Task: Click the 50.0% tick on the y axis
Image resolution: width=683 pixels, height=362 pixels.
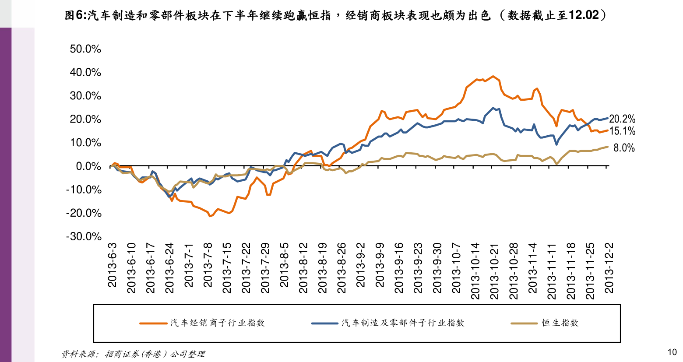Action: [x=85, y=49]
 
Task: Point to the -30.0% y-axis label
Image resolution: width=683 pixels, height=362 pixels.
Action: [x=84, y=237]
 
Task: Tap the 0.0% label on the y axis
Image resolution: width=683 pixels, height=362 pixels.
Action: [x=88, y=166]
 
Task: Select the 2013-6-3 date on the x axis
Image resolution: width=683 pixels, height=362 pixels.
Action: [x=113, y=265]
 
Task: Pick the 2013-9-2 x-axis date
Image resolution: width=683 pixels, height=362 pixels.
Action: [x=361, y=265]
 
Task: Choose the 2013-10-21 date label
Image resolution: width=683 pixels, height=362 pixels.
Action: [x=494, y=271]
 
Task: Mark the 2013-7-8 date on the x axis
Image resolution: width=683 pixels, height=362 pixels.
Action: [x=208, y=265]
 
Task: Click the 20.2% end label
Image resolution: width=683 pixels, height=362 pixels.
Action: [x=622, y=119]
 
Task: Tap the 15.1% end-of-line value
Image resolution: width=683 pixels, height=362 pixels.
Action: [x=622, y=131]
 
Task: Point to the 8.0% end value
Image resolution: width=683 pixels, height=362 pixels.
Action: [x=624, y=148]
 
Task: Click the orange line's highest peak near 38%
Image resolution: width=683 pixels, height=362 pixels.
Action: [x=493, y=76]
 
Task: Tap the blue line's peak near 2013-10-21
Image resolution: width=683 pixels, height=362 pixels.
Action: [x=493, y=108]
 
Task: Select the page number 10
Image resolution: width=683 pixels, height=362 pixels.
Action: [x=672, y=352]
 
